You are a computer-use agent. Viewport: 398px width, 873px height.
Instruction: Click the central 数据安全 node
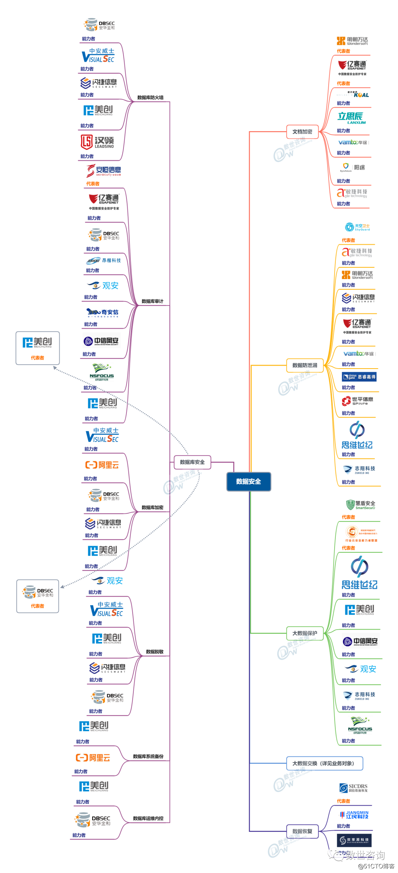click(248, 481)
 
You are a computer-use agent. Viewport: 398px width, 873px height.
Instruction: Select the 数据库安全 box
click(192, 462)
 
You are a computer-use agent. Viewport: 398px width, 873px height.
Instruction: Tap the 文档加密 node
click(302, 131)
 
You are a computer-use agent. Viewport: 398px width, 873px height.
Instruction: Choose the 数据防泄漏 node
click(304, 365)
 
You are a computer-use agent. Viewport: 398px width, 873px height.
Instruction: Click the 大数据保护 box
click(304, 633)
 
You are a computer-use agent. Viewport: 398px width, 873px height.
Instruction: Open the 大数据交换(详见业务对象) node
click(324, 763)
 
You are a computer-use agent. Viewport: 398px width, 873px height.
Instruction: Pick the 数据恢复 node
click(302, 831)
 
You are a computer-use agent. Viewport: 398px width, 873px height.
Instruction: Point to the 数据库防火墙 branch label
click(150, 98)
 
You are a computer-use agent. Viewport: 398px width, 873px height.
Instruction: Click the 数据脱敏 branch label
click(155, 652)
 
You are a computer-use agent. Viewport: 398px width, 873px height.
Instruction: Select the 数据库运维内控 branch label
click(148, 818)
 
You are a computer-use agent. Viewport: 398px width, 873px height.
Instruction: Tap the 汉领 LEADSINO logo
click(97, 142)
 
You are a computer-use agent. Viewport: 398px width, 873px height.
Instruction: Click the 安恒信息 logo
click(104, 170)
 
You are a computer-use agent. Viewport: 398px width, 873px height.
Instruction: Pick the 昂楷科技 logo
click(104, 261)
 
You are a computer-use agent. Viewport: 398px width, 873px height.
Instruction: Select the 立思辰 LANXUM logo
click(351, 118)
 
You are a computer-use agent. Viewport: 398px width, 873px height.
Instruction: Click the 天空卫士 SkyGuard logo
click(357, 227)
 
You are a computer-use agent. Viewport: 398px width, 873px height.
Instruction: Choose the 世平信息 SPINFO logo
click(357, 401)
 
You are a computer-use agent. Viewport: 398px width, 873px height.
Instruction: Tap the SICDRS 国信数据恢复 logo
click(353, 788)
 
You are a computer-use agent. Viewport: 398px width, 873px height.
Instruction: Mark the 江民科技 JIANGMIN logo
click(354, 814)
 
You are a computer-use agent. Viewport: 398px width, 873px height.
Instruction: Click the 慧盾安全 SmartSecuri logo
click(360, 505)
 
